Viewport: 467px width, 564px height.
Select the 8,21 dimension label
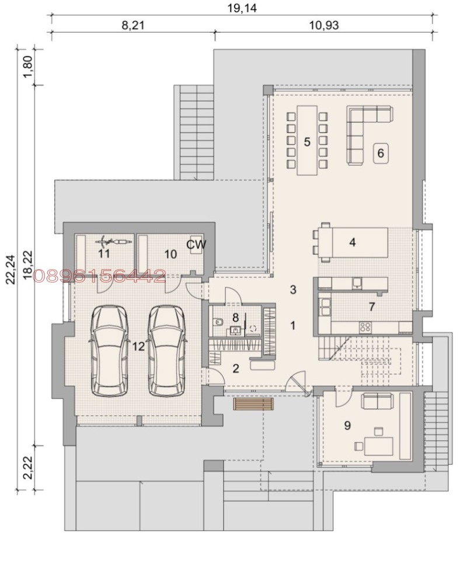134,25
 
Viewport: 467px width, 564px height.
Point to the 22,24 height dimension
11,268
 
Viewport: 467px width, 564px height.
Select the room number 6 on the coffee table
380,154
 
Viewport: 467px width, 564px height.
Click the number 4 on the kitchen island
353,242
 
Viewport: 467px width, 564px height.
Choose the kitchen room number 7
371,306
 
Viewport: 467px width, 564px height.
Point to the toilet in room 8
217,321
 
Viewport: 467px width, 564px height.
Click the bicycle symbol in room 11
110,241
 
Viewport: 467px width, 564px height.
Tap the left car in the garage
110,351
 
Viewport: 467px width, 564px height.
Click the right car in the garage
168,351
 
